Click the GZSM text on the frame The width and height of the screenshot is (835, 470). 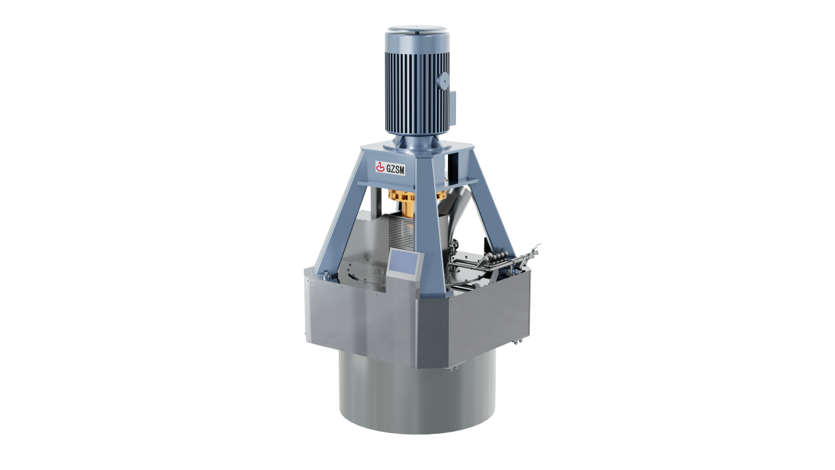coord(395,169)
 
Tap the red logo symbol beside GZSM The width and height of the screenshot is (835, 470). coord(380,167)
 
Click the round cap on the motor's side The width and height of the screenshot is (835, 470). coord(444,81)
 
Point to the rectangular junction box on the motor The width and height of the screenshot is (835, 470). coord(453,107)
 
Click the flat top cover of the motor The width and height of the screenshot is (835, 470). coord(417,29)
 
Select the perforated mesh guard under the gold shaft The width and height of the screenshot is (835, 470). coord(401,233)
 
